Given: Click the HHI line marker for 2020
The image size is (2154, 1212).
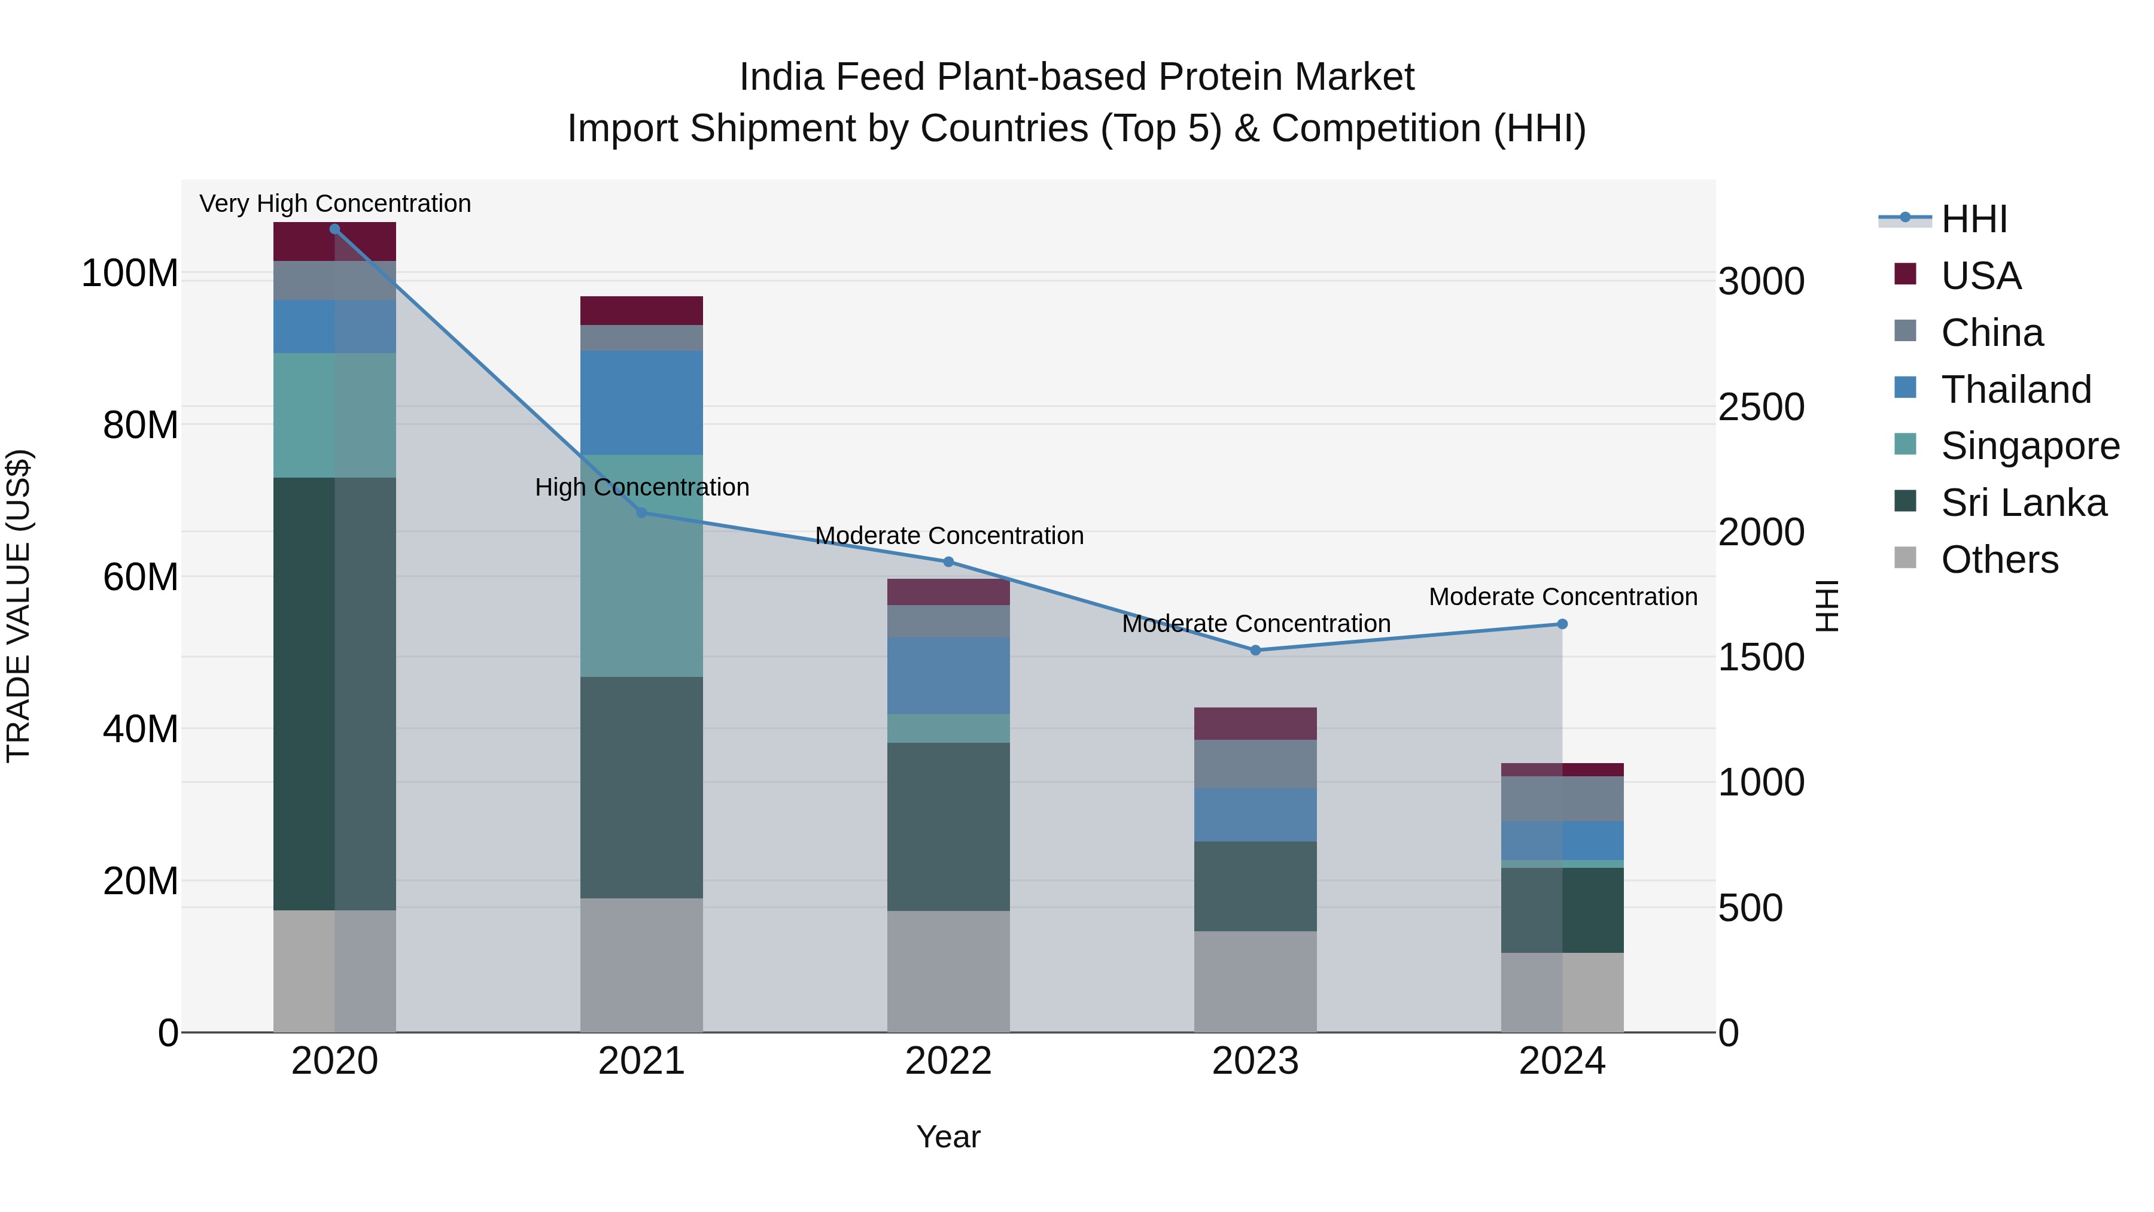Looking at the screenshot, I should point(334,229).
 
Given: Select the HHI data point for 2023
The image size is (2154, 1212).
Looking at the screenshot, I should point(1255,650).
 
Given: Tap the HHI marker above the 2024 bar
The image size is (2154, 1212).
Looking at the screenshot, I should point(1562,624).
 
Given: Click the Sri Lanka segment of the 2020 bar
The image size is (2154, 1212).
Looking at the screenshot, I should point(334,694).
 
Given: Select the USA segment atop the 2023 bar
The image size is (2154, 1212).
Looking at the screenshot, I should point(1255,724).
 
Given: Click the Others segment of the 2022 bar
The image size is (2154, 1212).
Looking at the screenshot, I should point(948,971).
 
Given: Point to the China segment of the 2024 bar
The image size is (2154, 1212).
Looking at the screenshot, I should point(1562,799).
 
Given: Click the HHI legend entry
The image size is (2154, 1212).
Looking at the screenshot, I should point(1973,219).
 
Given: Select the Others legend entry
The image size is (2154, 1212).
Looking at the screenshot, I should point(1998,560).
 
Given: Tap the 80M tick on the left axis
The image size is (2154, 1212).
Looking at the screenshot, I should point(141,425).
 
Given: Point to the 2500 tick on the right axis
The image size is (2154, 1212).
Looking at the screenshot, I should point(1761,408).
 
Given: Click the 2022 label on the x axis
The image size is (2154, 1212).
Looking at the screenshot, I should point(948,1061).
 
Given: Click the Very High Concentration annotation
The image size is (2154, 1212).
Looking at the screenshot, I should point(334,203).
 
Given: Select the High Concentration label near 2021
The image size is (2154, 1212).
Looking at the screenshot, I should point(641,487).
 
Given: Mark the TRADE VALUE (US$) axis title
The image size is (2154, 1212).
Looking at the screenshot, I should point(19,606).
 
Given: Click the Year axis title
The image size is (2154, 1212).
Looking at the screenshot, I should point(948,1137).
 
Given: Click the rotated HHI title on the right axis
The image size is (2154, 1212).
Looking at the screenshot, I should point(1828,606).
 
